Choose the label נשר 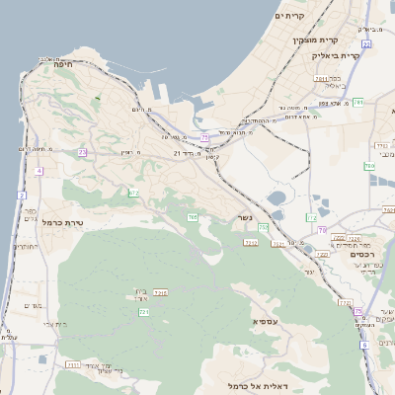(246, 217)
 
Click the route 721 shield (144, 312)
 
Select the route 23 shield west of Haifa (82, 152)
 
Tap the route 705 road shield (193, 216)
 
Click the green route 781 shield (358, 103)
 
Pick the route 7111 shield (73, 365)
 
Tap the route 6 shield (364, 345)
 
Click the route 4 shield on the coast (39, 171)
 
